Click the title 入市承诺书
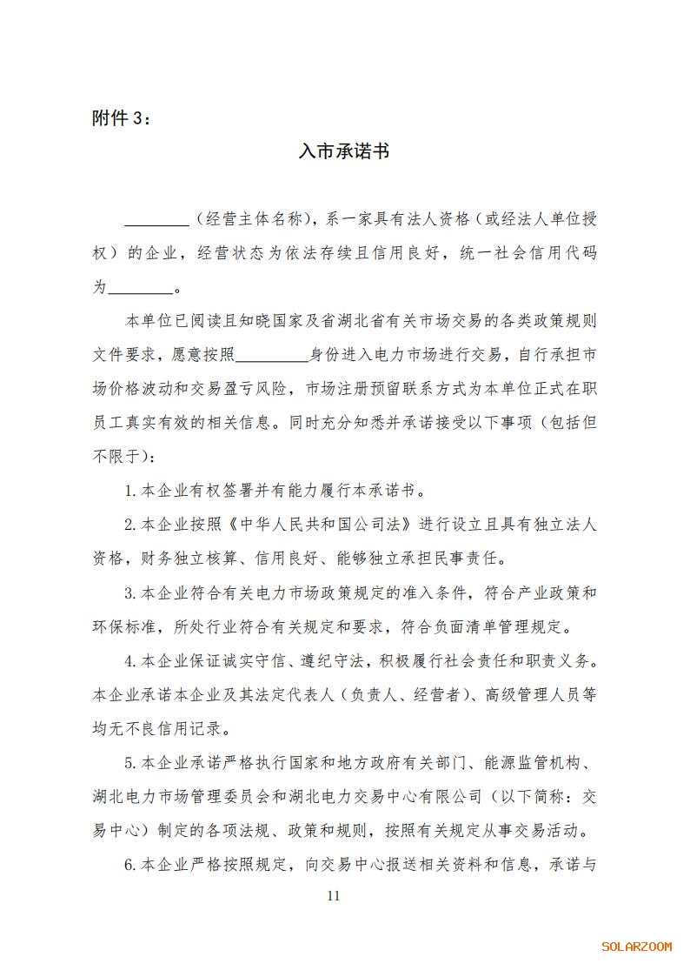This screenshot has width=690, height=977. (343, 152)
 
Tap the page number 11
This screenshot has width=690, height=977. (335, 896)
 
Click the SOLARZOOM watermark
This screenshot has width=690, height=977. (636, 947)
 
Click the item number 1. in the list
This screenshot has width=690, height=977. (131, 491)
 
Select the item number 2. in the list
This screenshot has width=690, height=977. (131, 525)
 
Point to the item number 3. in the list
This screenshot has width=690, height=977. (131, 593)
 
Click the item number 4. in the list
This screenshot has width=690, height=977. (131, 661)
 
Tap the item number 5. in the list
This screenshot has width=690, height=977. (131, 764)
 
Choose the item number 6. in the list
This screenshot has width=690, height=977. (131, 865)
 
